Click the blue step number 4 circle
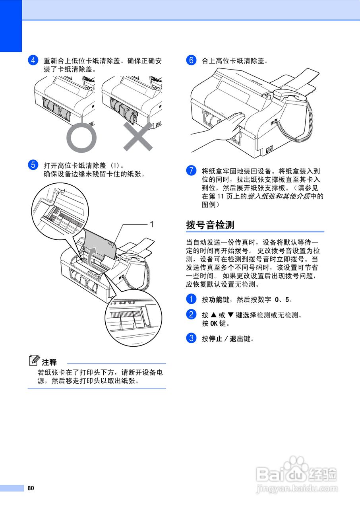[x=33, y=61]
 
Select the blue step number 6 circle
[x=191, y=61]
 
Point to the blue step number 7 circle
[x=191, y=171]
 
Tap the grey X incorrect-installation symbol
[x=138, y=137]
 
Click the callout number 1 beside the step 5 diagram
[x=151, y=225]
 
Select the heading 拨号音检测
[x=210, y=225]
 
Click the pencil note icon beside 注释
[x=34, y=361]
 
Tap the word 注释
[x=50, y=362]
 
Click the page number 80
[x=31, y=488]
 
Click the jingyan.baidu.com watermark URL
[x=297, y=489]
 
